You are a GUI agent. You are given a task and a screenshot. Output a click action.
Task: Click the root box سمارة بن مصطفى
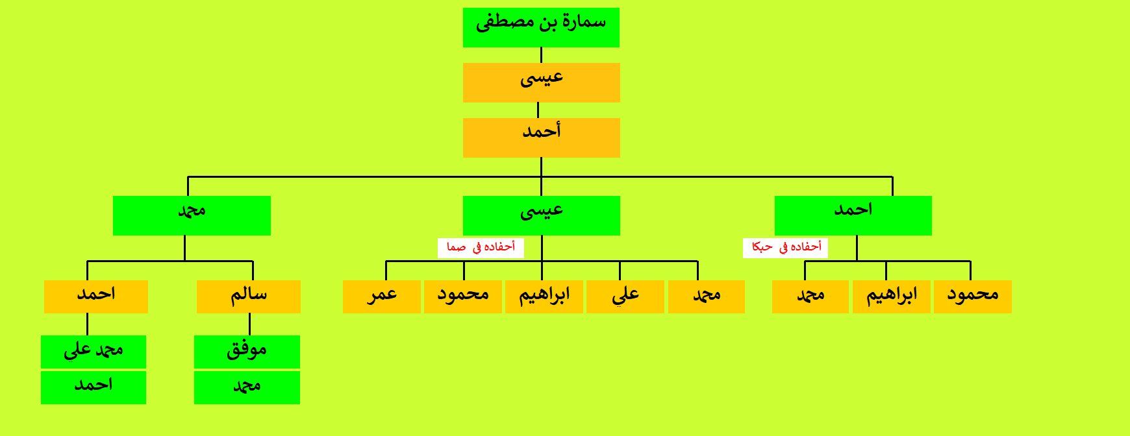click(541, 27)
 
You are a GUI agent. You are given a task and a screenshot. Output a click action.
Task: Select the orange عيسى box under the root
click(542, 82)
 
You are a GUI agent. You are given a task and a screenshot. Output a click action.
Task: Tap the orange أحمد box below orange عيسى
click(542, 138)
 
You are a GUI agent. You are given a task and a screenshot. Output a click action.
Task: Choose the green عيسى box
click(542, 215)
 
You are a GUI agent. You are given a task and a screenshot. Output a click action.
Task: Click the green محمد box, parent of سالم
click(192, 215)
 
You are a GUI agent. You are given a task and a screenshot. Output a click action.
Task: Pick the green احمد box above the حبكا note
click(853, 215)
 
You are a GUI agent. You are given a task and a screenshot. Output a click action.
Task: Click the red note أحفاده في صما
click(481, 247)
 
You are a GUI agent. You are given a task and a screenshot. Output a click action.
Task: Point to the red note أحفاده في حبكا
click(786, 247)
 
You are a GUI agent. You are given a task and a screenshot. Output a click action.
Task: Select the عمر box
click(382, 297)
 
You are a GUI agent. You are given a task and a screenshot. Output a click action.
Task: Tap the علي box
click(625, 297)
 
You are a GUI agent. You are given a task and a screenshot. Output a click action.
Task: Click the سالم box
click(249, 297)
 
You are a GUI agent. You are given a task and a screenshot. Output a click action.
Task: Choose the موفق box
click(247, 352)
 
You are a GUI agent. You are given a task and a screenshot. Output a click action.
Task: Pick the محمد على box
click(94, 352)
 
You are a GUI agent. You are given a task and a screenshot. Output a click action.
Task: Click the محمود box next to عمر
click(463, 297)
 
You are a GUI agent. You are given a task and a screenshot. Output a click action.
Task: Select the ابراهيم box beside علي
click(544, 297)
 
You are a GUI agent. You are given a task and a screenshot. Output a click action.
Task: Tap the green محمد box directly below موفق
click(247, 387)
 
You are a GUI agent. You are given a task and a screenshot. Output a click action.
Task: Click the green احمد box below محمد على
click(94, 387)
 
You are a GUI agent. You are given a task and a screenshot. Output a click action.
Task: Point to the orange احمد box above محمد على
click(96, 297)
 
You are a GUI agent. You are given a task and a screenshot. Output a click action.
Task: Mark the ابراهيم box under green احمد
click(892, 297)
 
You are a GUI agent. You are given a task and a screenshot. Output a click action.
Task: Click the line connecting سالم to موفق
click(249, 324)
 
